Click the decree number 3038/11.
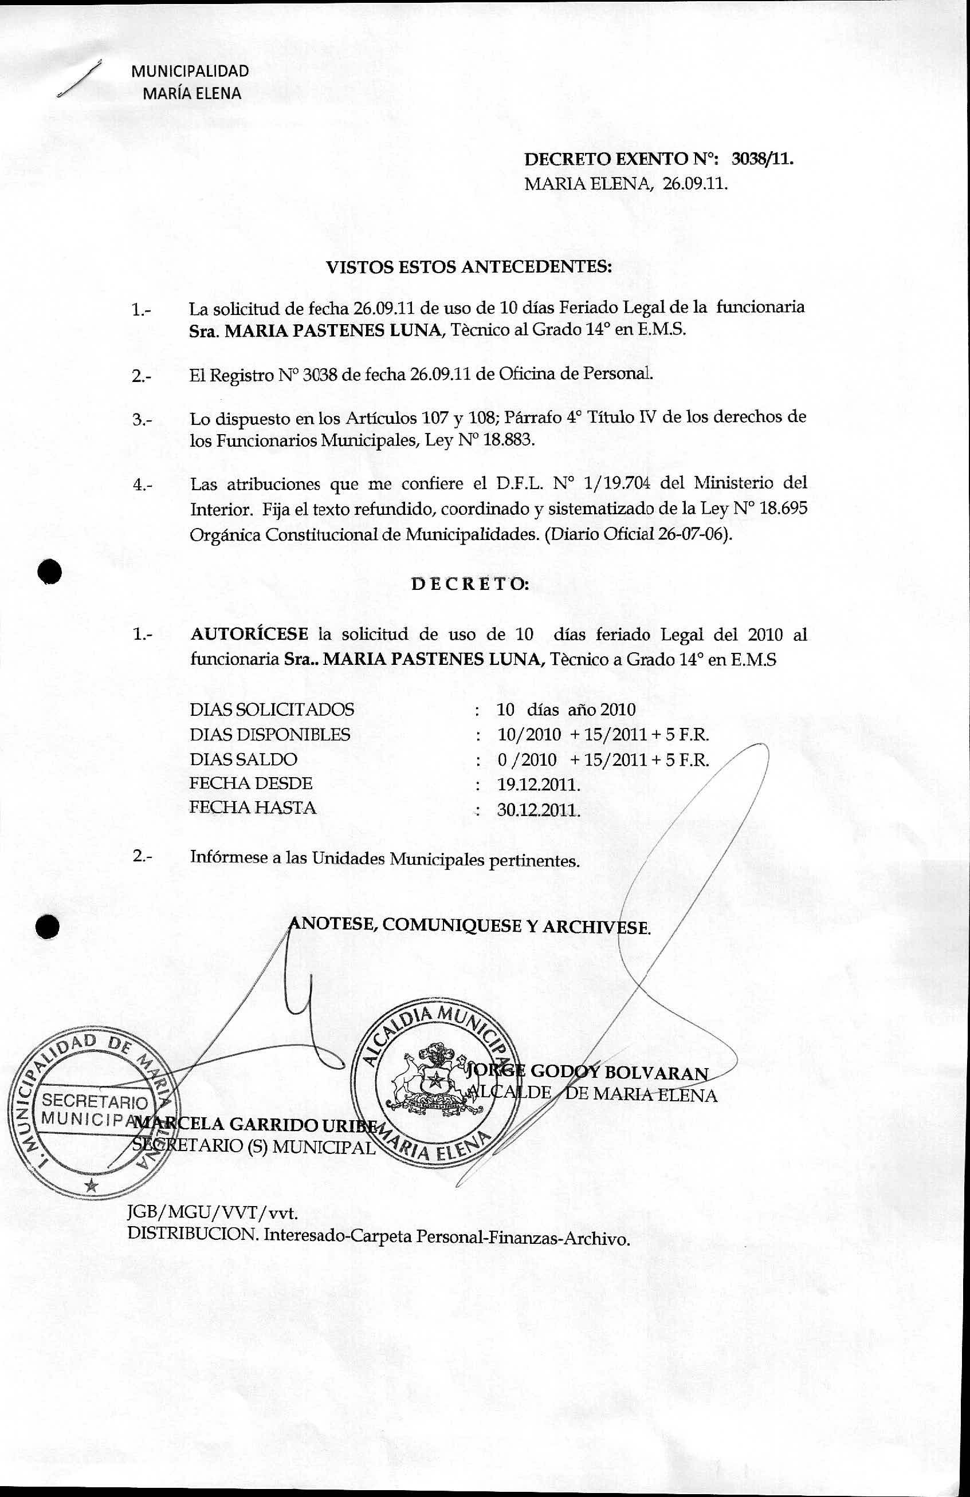761,159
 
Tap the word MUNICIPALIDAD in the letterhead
190,71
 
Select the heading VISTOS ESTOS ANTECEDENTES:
469,267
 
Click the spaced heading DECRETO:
470,584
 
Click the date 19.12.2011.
538,785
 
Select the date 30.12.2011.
538,810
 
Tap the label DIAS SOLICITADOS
272,710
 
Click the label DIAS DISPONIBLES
270,734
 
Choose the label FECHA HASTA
253,807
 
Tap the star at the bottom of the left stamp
92,1185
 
